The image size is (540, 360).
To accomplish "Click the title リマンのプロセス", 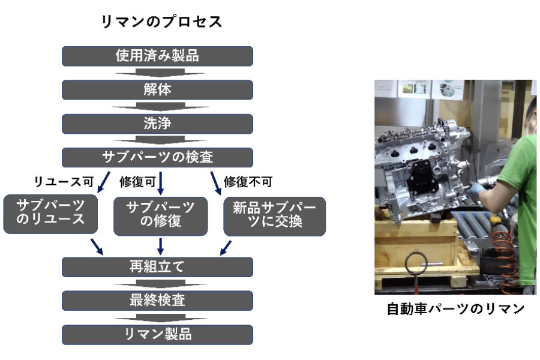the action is pos(161,22).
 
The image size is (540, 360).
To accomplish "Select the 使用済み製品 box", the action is pos(157,56).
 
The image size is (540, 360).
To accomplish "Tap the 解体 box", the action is pos(157,89).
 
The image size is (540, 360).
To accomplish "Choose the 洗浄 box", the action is pos(157,124).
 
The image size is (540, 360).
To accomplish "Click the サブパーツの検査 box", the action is pos(157,157).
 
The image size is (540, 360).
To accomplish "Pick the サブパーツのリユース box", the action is pos(50,214).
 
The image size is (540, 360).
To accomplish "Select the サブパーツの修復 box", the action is pos(160,216).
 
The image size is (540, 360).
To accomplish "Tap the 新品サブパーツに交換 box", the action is pos(274,216).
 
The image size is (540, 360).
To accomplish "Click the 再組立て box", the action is pos(157,267).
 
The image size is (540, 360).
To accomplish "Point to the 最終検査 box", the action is pos(157,301).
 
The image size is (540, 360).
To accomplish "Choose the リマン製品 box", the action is pos(157,335).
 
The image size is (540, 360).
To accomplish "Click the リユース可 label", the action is pos(64,182).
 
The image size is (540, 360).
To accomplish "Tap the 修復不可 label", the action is pos(248,182).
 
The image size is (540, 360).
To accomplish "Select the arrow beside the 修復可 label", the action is pos(160,183).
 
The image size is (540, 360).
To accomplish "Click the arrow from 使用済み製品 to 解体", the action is pos(160,73).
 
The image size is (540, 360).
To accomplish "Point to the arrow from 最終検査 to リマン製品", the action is pos(161,317).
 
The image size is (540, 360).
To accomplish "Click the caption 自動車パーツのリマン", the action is pos(455,308).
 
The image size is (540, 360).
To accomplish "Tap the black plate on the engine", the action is pos(422,179).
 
